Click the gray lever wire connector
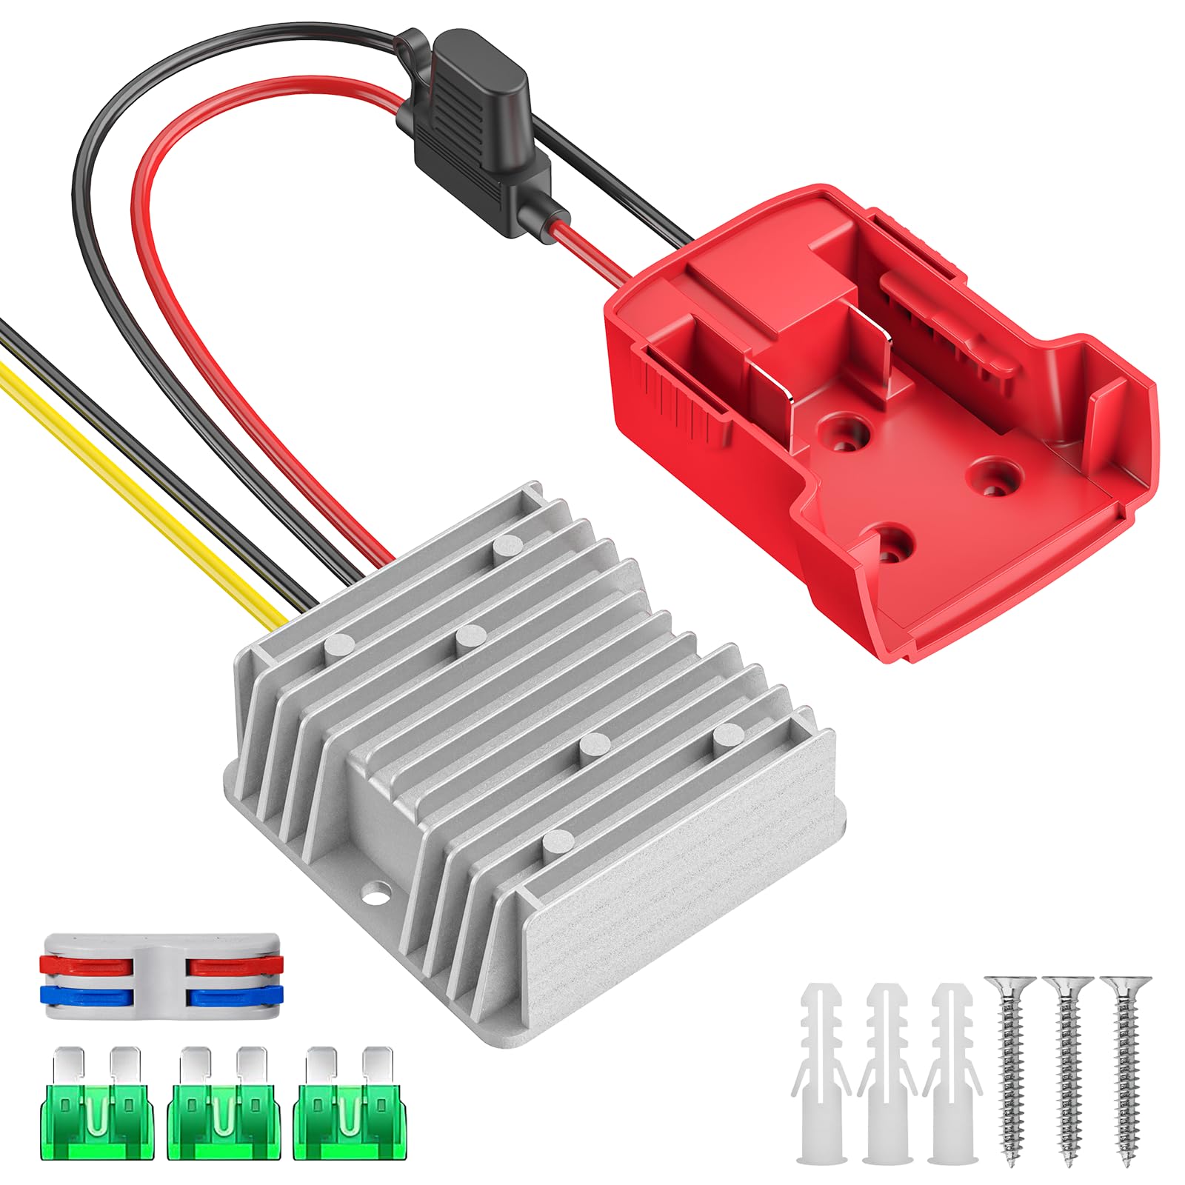(163, 976)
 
